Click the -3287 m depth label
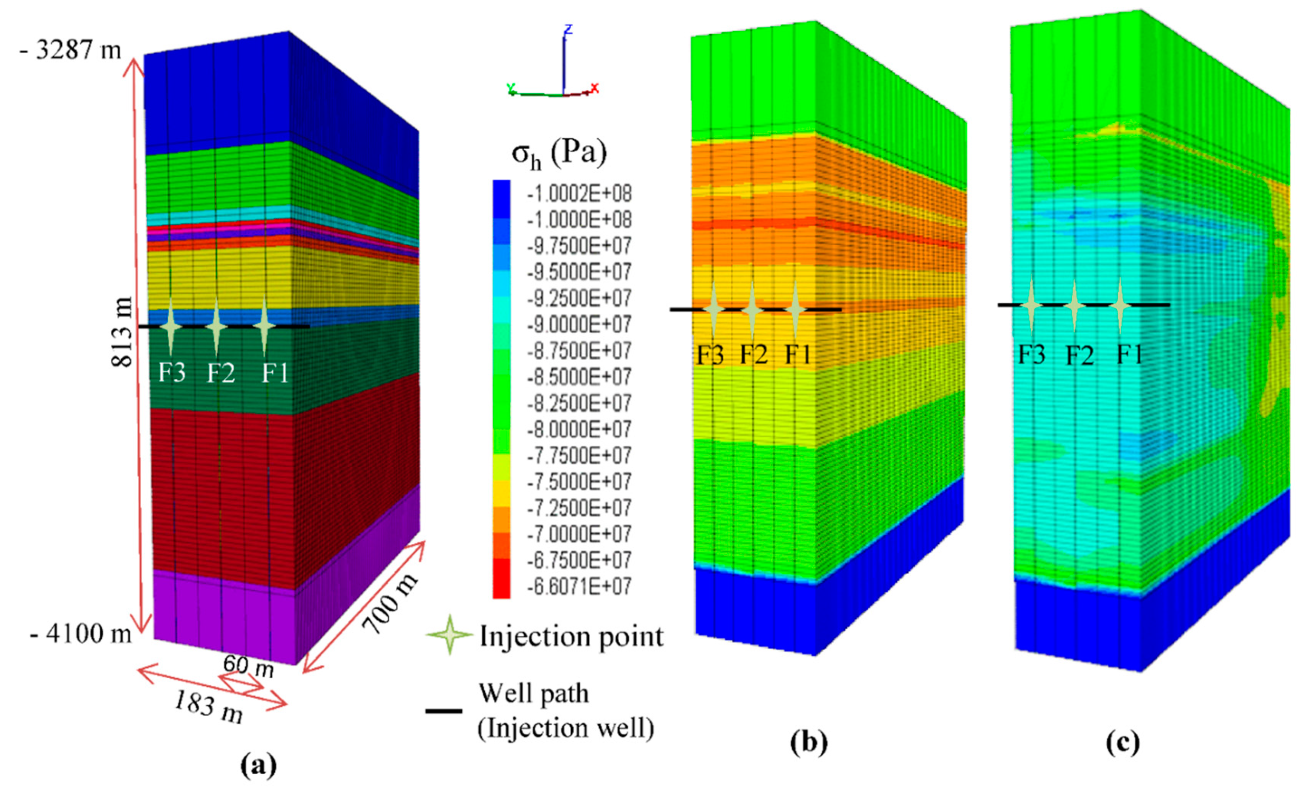[71, 51]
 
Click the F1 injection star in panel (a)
[265, 326]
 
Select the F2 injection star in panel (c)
[1074, 305]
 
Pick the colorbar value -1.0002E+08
[579, 194]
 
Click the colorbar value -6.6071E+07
[579, 587]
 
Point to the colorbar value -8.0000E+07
[579, 429]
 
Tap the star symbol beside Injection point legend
[450, 635]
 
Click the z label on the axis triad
[568, 29]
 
